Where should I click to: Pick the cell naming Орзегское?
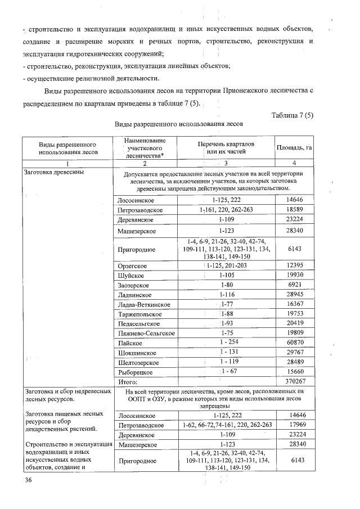pyautogui.click(x=133, y=265)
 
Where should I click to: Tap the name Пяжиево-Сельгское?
pyautogui.click(x=146, y=333)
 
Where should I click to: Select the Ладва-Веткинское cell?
pyautogui.click(x=144, y=304)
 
